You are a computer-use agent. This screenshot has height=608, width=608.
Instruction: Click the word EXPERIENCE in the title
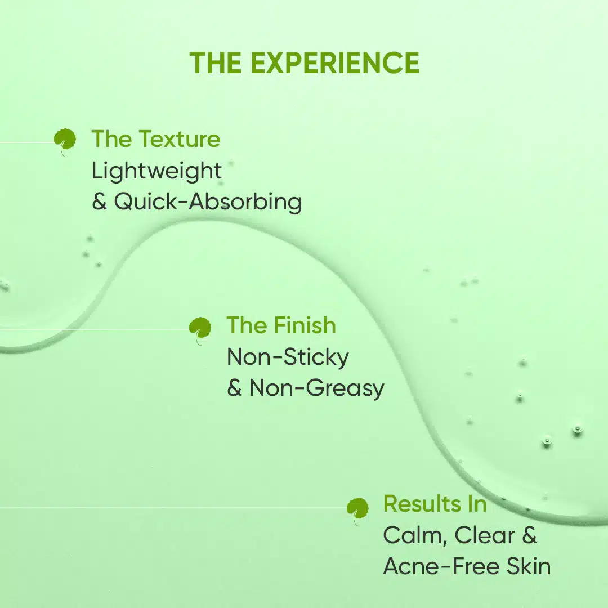pyautogui.click(x=335, y=63)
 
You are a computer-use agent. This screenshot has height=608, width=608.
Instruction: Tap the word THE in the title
pyautogui.click(x=216, y=63)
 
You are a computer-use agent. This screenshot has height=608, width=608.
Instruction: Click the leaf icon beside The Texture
pyautogui.click(x=65, y=142)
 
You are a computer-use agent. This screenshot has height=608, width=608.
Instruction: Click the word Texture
pyautogui.click(x=180, y=139)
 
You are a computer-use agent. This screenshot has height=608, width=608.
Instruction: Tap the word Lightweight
pyautogui.click(x=157, y=171)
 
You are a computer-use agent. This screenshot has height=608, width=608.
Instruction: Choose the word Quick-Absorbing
pyautogui.click(x=208, y=202)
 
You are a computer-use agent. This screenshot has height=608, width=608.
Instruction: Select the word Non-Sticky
pyautogui.click(x=288, y=357)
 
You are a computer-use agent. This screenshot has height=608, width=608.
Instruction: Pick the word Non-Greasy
pyautogui.click(x=317, y=388)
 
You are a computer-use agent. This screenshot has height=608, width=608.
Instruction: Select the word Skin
pyautogui.click(x=529, y=566)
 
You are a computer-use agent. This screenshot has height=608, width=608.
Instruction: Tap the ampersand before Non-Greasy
pyautogui.click(x=235, y=388)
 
